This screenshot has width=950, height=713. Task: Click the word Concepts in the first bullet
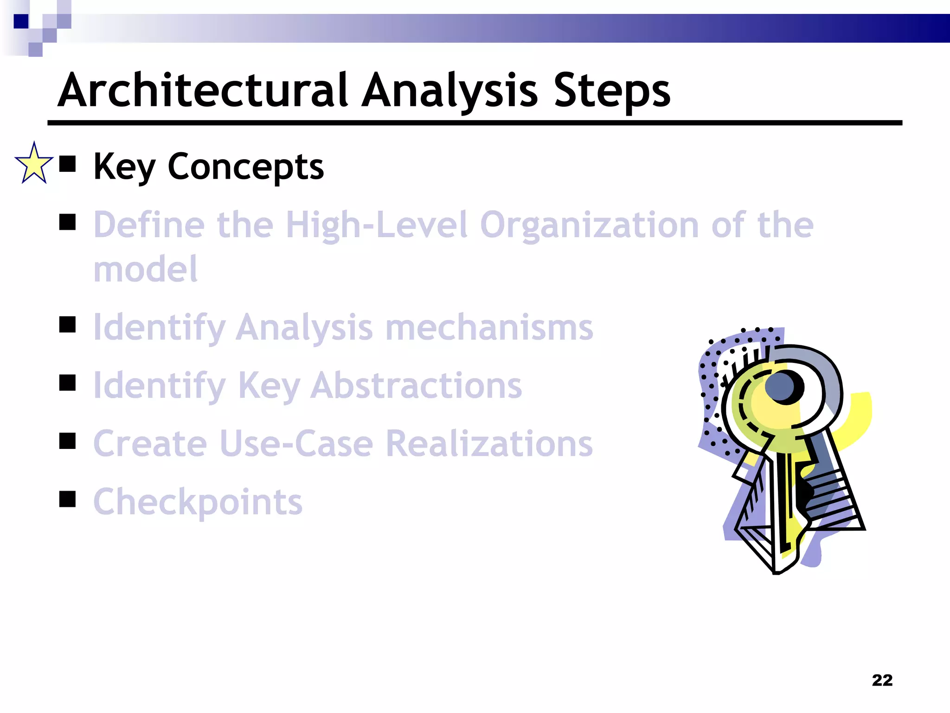click(x=245, y=167)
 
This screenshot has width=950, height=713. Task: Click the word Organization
click(x=589, y=225)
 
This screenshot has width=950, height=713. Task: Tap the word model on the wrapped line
click(x=145, y=269)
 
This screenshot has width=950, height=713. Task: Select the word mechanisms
click(x=489, y=328)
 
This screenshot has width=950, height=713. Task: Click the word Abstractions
click(x=416, y=386)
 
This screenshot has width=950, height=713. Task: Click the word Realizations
click(x=489, y=444)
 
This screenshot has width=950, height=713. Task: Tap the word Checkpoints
click(x=198, y=502)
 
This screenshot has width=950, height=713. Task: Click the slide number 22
click(x=882, y=680)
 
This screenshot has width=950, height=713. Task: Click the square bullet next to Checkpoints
click(x=68, y=499)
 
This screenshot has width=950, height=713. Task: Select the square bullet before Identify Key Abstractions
click(x=68, y=383)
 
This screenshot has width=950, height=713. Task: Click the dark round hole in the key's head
click(x=784, y=387)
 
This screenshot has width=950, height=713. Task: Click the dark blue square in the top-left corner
click(x=21, y=21)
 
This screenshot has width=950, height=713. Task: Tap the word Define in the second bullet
click(x=148, y=225)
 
